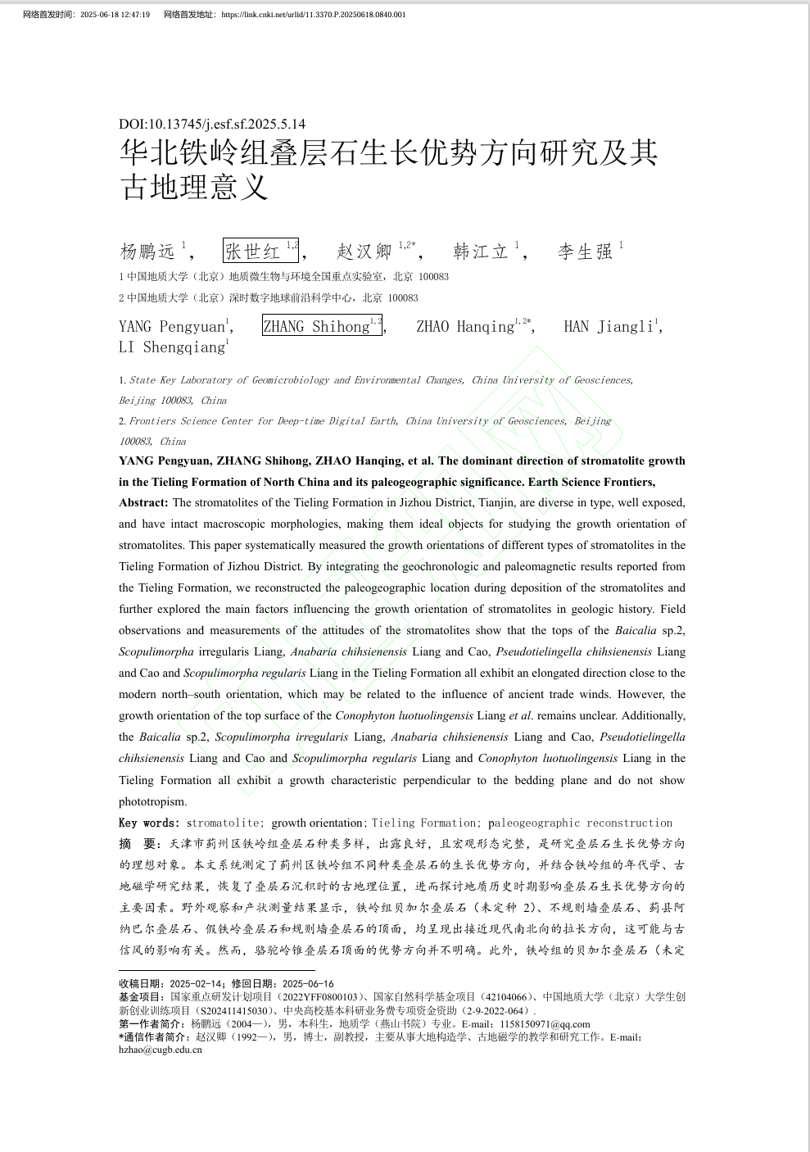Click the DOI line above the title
tap(212, 124)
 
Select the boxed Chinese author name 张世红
tap(254, 251)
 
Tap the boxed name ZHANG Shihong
tap(316, 326)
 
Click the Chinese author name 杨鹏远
tap(148, 251)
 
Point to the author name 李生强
tap(585, 251)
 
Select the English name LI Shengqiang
tap(170, 347)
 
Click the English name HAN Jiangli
tap(608, 326)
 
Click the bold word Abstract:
tap(143, 502)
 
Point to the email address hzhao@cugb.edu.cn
tap(161, 1050)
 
